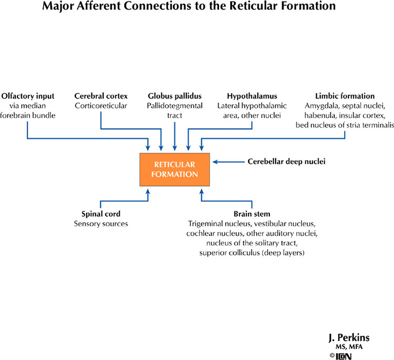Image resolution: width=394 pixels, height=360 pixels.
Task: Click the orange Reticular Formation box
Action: point(174,169)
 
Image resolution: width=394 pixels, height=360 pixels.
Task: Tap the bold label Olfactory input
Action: point(28,96)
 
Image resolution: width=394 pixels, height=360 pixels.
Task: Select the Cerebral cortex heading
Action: point(101,96)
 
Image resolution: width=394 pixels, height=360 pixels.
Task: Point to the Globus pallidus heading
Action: point(175,96)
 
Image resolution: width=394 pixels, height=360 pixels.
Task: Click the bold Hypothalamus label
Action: point(252,96)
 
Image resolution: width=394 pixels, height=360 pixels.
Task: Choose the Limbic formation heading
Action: point(345,96)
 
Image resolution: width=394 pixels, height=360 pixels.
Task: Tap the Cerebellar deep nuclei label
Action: point(287,162)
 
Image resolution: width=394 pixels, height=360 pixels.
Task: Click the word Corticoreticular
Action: point(101,105)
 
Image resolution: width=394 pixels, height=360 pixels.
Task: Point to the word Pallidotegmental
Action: point(175,105)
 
